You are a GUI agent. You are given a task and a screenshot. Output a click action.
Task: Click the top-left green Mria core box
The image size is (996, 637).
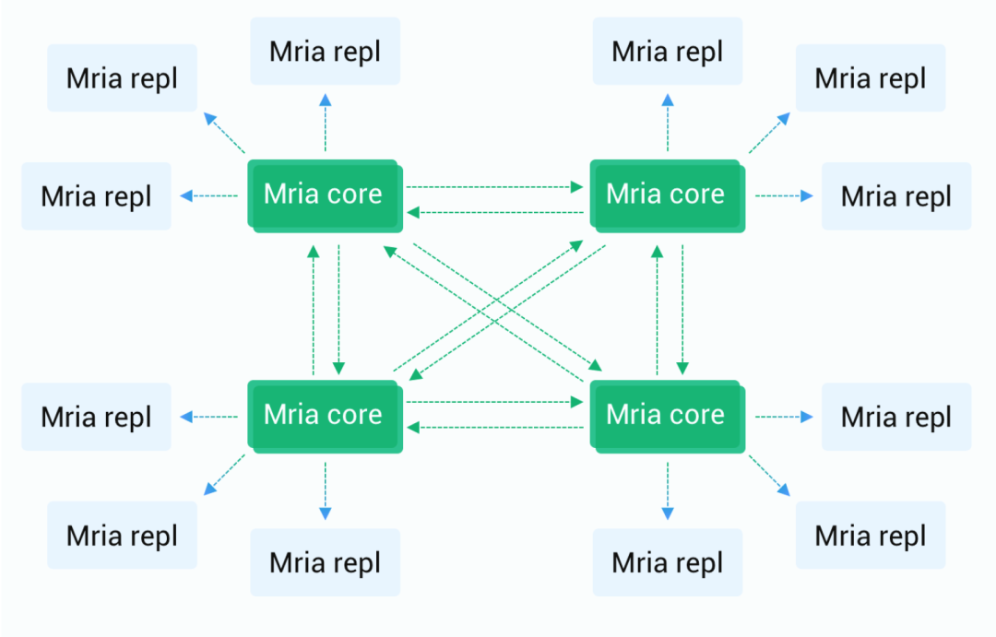326,195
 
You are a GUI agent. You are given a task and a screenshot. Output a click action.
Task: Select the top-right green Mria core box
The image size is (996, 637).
668,195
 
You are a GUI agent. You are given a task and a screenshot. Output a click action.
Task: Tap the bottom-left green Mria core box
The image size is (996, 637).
326,417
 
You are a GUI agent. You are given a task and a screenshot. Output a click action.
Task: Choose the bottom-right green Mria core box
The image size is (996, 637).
668,417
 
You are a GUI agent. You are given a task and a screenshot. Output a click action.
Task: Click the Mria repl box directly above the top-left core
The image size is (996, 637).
326,51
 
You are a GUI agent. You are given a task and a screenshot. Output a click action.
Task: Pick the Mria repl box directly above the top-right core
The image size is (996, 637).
668,51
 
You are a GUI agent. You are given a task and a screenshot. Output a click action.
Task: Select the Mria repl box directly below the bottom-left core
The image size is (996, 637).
326,562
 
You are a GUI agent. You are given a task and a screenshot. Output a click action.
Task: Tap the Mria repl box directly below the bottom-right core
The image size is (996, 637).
668,562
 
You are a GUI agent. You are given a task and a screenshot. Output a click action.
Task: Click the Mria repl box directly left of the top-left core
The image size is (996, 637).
97,195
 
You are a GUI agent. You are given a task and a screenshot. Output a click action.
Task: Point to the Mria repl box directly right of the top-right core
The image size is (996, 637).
896,195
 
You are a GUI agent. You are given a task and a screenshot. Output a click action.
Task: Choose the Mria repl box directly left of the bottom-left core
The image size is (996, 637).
97,417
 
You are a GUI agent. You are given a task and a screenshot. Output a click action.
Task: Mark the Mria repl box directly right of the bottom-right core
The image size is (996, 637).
896,417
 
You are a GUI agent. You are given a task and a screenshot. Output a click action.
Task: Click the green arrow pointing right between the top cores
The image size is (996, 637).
495,187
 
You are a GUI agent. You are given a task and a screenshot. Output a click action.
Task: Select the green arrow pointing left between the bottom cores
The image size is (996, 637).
495,428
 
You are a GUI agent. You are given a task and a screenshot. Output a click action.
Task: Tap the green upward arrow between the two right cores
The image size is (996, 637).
658,310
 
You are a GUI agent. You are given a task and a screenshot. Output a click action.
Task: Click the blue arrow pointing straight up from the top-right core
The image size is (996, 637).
668,123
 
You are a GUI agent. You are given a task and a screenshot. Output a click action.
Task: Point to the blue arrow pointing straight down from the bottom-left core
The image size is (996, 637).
326,491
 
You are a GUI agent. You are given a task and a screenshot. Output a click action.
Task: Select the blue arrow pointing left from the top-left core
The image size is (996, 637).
208,195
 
